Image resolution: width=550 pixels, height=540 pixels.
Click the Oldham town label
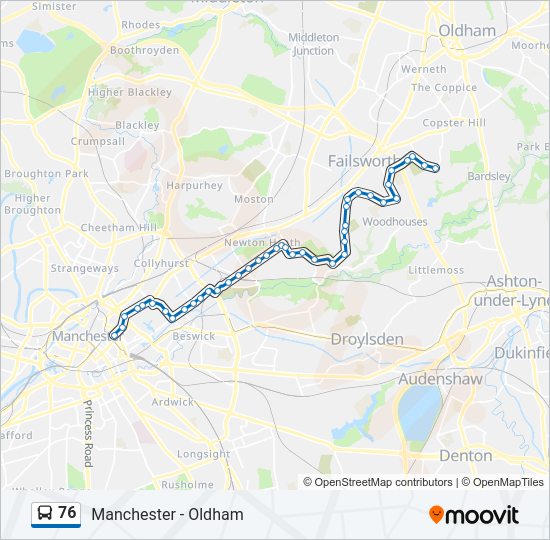(467, 30)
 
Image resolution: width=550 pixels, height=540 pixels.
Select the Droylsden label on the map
(367, 339)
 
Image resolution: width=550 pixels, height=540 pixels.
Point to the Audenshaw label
(440, 379)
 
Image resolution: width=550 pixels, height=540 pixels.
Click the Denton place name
(465, 455)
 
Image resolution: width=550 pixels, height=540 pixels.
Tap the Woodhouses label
(394, 221)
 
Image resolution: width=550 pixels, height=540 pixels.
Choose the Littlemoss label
(436, 270)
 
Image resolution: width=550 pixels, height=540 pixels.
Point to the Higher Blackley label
(130, 92)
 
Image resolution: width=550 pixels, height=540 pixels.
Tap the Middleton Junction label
(313, 43)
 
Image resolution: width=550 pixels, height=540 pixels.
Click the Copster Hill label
(454, 123)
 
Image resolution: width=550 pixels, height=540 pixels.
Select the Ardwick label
(173, 402)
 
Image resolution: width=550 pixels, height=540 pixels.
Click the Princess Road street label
(88, 433)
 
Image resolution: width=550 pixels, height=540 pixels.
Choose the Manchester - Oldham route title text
(167, 514)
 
